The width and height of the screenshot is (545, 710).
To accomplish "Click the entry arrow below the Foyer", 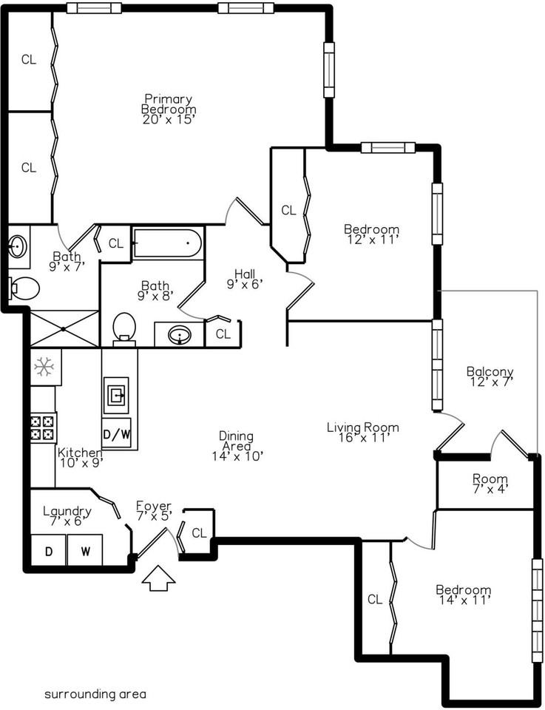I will pos(158,578).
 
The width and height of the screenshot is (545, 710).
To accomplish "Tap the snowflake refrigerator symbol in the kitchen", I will pos(45,365).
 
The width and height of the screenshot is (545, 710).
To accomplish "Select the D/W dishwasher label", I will pos(117,434).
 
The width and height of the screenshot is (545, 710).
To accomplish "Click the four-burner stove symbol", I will pos(44,427).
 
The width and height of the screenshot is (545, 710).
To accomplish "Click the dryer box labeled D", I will pos(48,551).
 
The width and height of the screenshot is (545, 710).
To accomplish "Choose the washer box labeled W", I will pos(85,551).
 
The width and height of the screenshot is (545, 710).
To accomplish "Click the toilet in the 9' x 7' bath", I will pos(24,288).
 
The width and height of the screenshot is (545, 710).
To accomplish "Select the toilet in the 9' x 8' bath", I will pos(124,327).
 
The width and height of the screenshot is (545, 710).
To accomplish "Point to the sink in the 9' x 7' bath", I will pos(18,246).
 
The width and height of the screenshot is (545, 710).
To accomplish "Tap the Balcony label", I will pos(490,372).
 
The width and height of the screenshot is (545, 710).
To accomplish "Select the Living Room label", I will pos(363,427).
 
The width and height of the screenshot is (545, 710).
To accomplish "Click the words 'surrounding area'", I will pos(95,694).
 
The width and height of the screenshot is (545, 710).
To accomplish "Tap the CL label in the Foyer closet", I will pos(199,532).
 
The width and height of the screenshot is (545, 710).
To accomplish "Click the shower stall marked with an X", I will pos(63,328).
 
